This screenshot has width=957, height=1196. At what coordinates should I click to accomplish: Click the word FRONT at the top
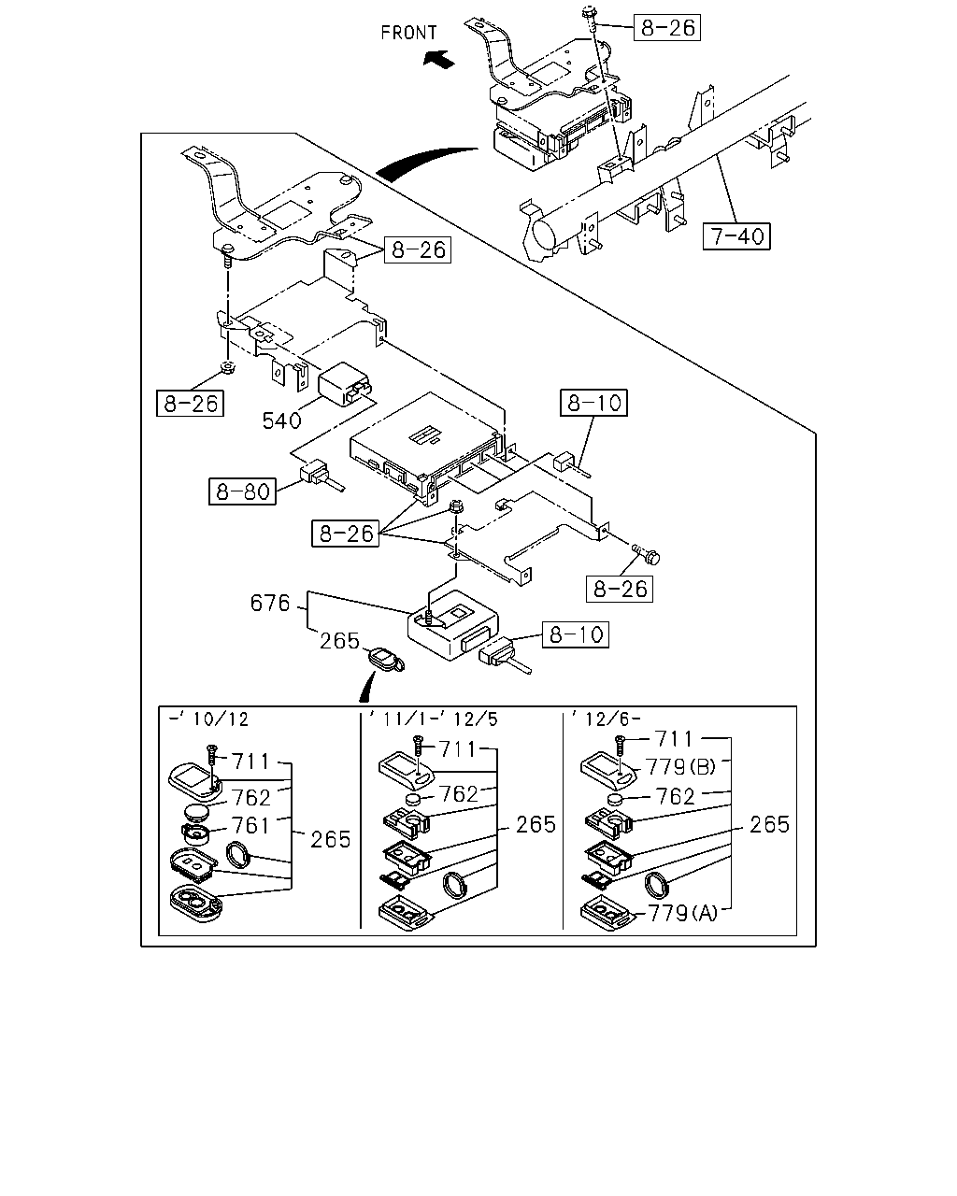pos(408,33)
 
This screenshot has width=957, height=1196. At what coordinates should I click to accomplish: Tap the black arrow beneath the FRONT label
pos(438,58)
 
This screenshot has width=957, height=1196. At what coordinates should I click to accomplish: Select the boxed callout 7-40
pos(736,236)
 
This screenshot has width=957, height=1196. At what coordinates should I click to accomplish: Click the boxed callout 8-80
pos(242,491)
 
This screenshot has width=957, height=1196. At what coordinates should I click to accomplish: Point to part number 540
pos(281,420)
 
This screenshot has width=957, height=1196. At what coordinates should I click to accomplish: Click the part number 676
pos(270,603)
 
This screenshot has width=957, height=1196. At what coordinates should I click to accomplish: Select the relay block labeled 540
pos(345,383)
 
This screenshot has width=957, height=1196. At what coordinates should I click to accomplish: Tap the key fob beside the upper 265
pos(386,660)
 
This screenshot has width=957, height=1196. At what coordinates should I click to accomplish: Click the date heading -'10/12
pos(208,719)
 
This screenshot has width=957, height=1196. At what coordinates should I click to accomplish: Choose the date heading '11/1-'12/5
pos(434,719)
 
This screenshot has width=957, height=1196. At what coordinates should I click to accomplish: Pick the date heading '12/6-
pos(604,719)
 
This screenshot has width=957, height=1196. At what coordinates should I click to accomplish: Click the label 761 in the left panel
pos(250,826)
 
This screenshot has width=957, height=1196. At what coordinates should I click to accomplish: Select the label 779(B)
pos(680,767)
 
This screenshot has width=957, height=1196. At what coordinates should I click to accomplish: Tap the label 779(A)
pos(683,913)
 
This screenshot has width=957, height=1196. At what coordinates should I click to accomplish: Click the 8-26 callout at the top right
pos(667,27)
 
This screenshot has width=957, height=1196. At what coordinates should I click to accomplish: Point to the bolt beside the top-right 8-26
pos(590,20)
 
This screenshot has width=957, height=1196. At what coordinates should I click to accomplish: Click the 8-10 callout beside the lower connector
pos(576,634)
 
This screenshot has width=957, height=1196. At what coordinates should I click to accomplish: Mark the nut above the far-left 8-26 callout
pos(227,367)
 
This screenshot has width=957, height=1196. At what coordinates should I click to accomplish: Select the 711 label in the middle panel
pos(458,749)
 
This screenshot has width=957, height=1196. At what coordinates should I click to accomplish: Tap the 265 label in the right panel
pos(769,824)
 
